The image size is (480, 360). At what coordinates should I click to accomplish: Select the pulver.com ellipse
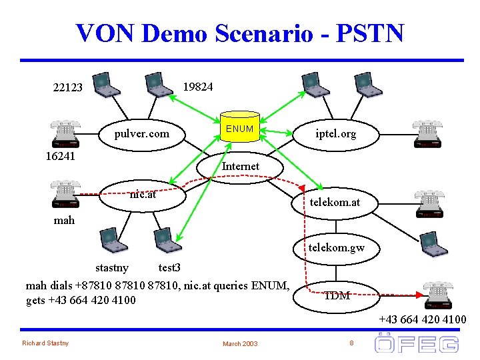(x=141, y=134)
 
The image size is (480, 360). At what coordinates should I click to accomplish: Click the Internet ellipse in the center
(x=241, y=166)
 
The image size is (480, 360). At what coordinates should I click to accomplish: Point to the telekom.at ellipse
(x=333, y=201)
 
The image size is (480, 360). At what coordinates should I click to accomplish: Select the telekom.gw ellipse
(x=336, y=249)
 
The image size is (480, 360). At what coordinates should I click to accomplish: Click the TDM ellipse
(x=337, y=295)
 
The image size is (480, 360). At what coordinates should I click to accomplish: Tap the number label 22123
(x=68, y=87)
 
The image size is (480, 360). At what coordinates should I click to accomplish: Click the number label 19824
(x=198, y=87)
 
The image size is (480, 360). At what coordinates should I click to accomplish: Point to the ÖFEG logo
(x=417, y=343)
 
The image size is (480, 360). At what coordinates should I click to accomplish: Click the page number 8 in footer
(x=351, y=343)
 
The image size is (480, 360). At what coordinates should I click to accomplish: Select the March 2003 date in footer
(x=240, y=343)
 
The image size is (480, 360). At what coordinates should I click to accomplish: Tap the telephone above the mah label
(x=65, y=193)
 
